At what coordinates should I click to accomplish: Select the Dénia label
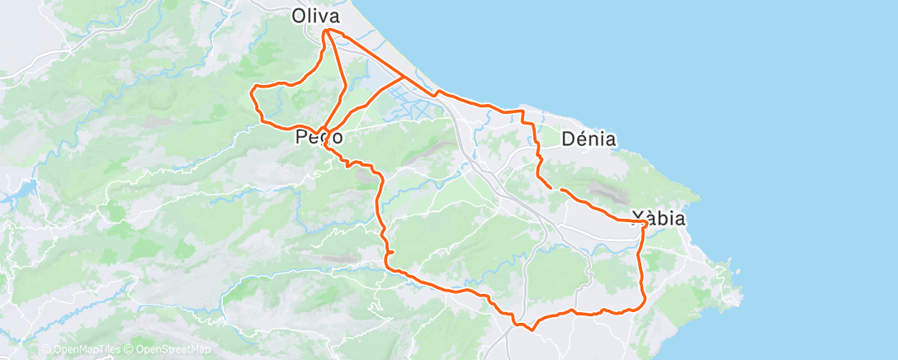(588, 139)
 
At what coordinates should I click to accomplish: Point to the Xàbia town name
(659, 219)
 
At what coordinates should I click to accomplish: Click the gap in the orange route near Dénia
(555, 189)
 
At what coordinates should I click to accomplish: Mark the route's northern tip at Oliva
(327, 31)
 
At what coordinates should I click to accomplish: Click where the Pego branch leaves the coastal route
(403, 77)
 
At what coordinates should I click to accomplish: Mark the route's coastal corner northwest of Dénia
(522, 110)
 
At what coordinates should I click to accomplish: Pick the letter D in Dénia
(569, 139)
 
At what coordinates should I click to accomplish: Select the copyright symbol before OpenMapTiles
(45, 350)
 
